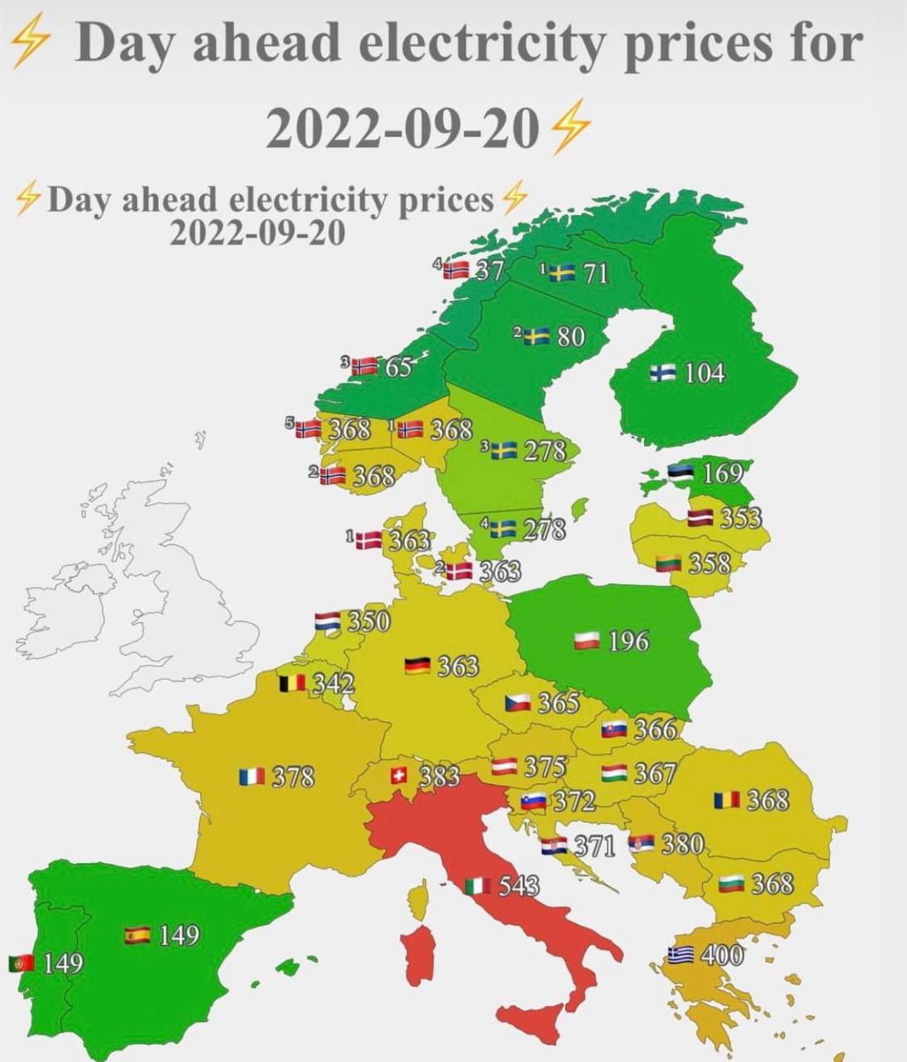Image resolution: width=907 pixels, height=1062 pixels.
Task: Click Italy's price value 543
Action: click(519, 885)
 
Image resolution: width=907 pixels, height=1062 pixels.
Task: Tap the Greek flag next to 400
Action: click(681, 955)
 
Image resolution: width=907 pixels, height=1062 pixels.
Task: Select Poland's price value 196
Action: click(628, 641)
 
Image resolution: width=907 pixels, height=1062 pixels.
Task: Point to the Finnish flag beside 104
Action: click(662, 373)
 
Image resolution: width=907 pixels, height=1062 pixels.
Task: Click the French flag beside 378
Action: click(251, 777)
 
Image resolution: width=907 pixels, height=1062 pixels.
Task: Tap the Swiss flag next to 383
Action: click(399, 775)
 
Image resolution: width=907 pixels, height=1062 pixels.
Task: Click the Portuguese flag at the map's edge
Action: click(21, 963)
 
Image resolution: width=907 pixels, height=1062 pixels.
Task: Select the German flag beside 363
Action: click(417, 665)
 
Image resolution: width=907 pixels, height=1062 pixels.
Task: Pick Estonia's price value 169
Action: click(723, 474)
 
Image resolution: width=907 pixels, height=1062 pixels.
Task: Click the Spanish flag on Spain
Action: click(137, 935)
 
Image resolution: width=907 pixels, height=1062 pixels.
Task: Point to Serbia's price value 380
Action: click(682, 844)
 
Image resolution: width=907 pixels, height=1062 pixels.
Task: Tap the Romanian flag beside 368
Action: click(726, 800)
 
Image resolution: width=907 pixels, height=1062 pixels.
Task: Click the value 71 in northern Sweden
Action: click(595, 273)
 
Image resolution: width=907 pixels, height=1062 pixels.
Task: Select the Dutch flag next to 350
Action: click(328, 621)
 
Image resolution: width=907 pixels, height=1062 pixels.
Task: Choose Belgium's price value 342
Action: click(333, 684)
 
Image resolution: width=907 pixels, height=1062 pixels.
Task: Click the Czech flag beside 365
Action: click(518, 703)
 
